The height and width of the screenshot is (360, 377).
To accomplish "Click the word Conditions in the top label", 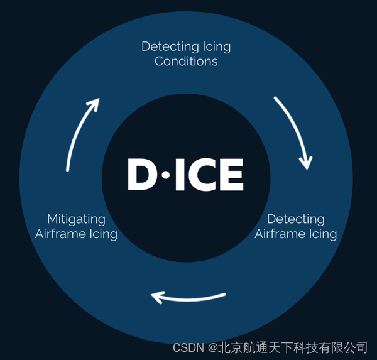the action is [x=186, y=62].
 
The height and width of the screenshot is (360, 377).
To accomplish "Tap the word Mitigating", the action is [x=76, y=219].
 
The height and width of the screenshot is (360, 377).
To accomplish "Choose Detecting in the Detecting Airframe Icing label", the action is [x=295, y=219].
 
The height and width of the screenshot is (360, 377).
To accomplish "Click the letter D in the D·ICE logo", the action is [x=143, y=174].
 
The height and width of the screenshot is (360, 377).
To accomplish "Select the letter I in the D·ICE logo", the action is [x=179, y=174].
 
